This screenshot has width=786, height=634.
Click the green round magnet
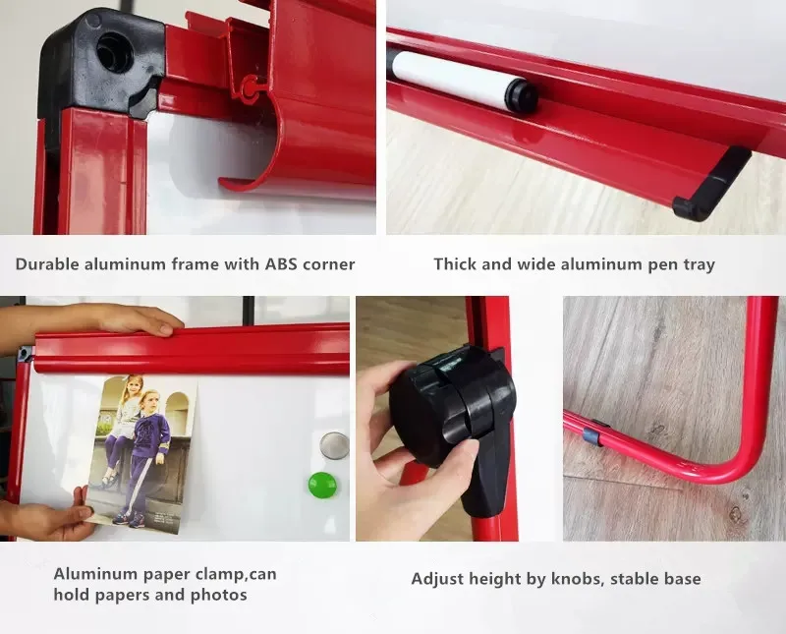coord(322,485)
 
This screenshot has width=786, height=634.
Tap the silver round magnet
coord(334,445)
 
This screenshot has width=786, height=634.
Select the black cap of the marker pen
coord(522,95)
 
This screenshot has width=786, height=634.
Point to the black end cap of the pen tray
coord(711,184)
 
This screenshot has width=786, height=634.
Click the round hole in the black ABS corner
coord(115,52)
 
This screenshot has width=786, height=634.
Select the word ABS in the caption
coord(281,263)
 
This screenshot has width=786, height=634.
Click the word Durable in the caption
coord(47,263)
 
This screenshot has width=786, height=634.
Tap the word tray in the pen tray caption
coord(698,264)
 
